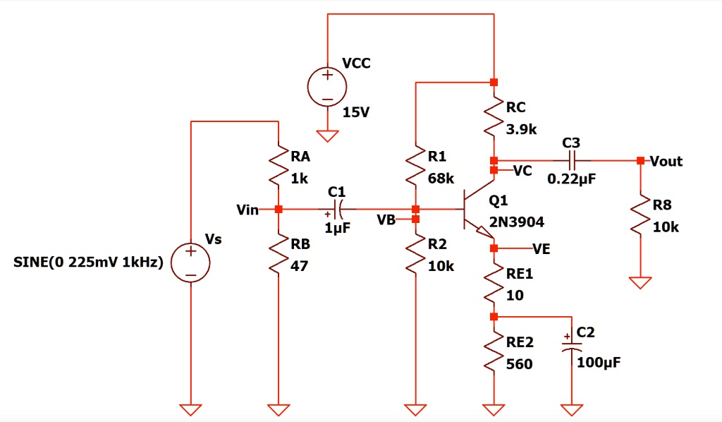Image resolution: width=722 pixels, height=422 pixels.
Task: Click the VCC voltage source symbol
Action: (327, 87)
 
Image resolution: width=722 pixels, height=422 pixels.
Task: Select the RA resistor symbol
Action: (279, 166)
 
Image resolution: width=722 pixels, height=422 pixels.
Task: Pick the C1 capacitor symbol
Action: (337, 210)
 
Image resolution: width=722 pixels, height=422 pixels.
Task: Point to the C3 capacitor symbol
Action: (572, 161)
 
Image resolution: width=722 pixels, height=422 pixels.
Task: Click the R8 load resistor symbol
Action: (640, 216)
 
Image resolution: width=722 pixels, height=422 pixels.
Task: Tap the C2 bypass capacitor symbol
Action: (572, 345)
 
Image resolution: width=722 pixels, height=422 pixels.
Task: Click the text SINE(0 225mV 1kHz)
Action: (88, 263)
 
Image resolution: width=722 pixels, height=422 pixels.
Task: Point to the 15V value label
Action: (356, 112)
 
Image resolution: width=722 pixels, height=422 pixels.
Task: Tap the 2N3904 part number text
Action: (516, 222)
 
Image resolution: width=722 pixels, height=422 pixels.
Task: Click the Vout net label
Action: (666, 162)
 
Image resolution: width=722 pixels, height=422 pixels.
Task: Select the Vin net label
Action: (248, 210)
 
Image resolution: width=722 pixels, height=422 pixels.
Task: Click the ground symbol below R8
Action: (640, 282)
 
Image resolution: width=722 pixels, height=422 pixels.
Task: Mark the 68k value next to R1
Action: (440, 179)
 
